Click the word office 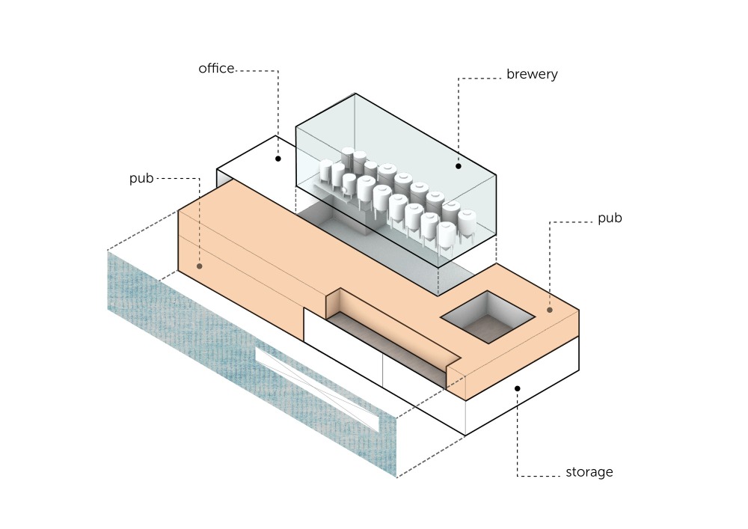pos(216,69)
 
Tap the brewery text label pos(532,75)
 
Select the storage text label pos(589,472)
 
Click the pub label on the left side pos(141,179)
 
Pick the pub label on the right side pos(610,218)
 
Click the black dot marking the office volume pos(278,159)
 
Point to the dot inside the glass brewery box pos(459,166)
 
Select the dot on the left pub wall pos(200,266)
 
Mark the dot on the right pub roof pos(550,309)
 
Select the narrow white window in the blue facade pos(318,390)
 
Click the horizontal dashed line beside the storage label pos(539,476)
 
